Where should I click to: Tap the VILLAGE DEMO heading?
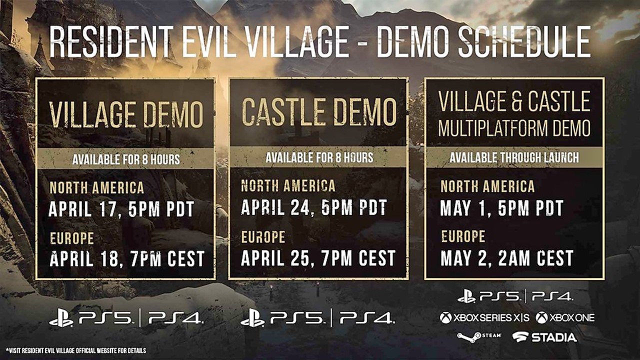pos(126,114)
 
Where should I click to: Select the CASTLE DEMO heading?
pos(319,111)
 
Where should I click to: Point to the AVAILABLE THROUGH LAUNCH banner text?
pos(514,157)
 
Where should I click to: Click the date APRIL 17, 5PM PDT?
pos(121,209)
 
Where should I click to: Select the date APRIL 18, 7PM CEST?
pos(127,258)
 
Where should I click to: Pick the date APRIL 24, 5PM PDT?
pos(314,207)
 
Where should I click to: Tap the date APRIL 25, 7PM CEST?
pos(318,257)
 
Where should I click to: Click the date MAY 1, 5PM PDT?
pos(502,207)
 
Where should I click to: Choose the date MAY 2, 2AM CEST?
pos(507,258)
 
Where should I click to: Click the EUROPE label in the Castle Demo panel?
pos(263,237)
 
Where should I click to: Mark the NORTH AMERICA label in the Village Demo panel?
pos(97,187)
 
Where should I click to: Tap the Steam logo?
pos(479,337)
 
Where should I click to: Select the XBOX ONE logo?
pos(565,317)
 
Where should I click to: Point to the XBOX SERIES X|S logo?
pos(484,317)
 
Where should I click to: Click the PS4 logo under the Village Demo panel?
pos(175,317)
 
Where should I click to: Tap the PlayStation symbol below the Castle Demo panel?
pos(252,317)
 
